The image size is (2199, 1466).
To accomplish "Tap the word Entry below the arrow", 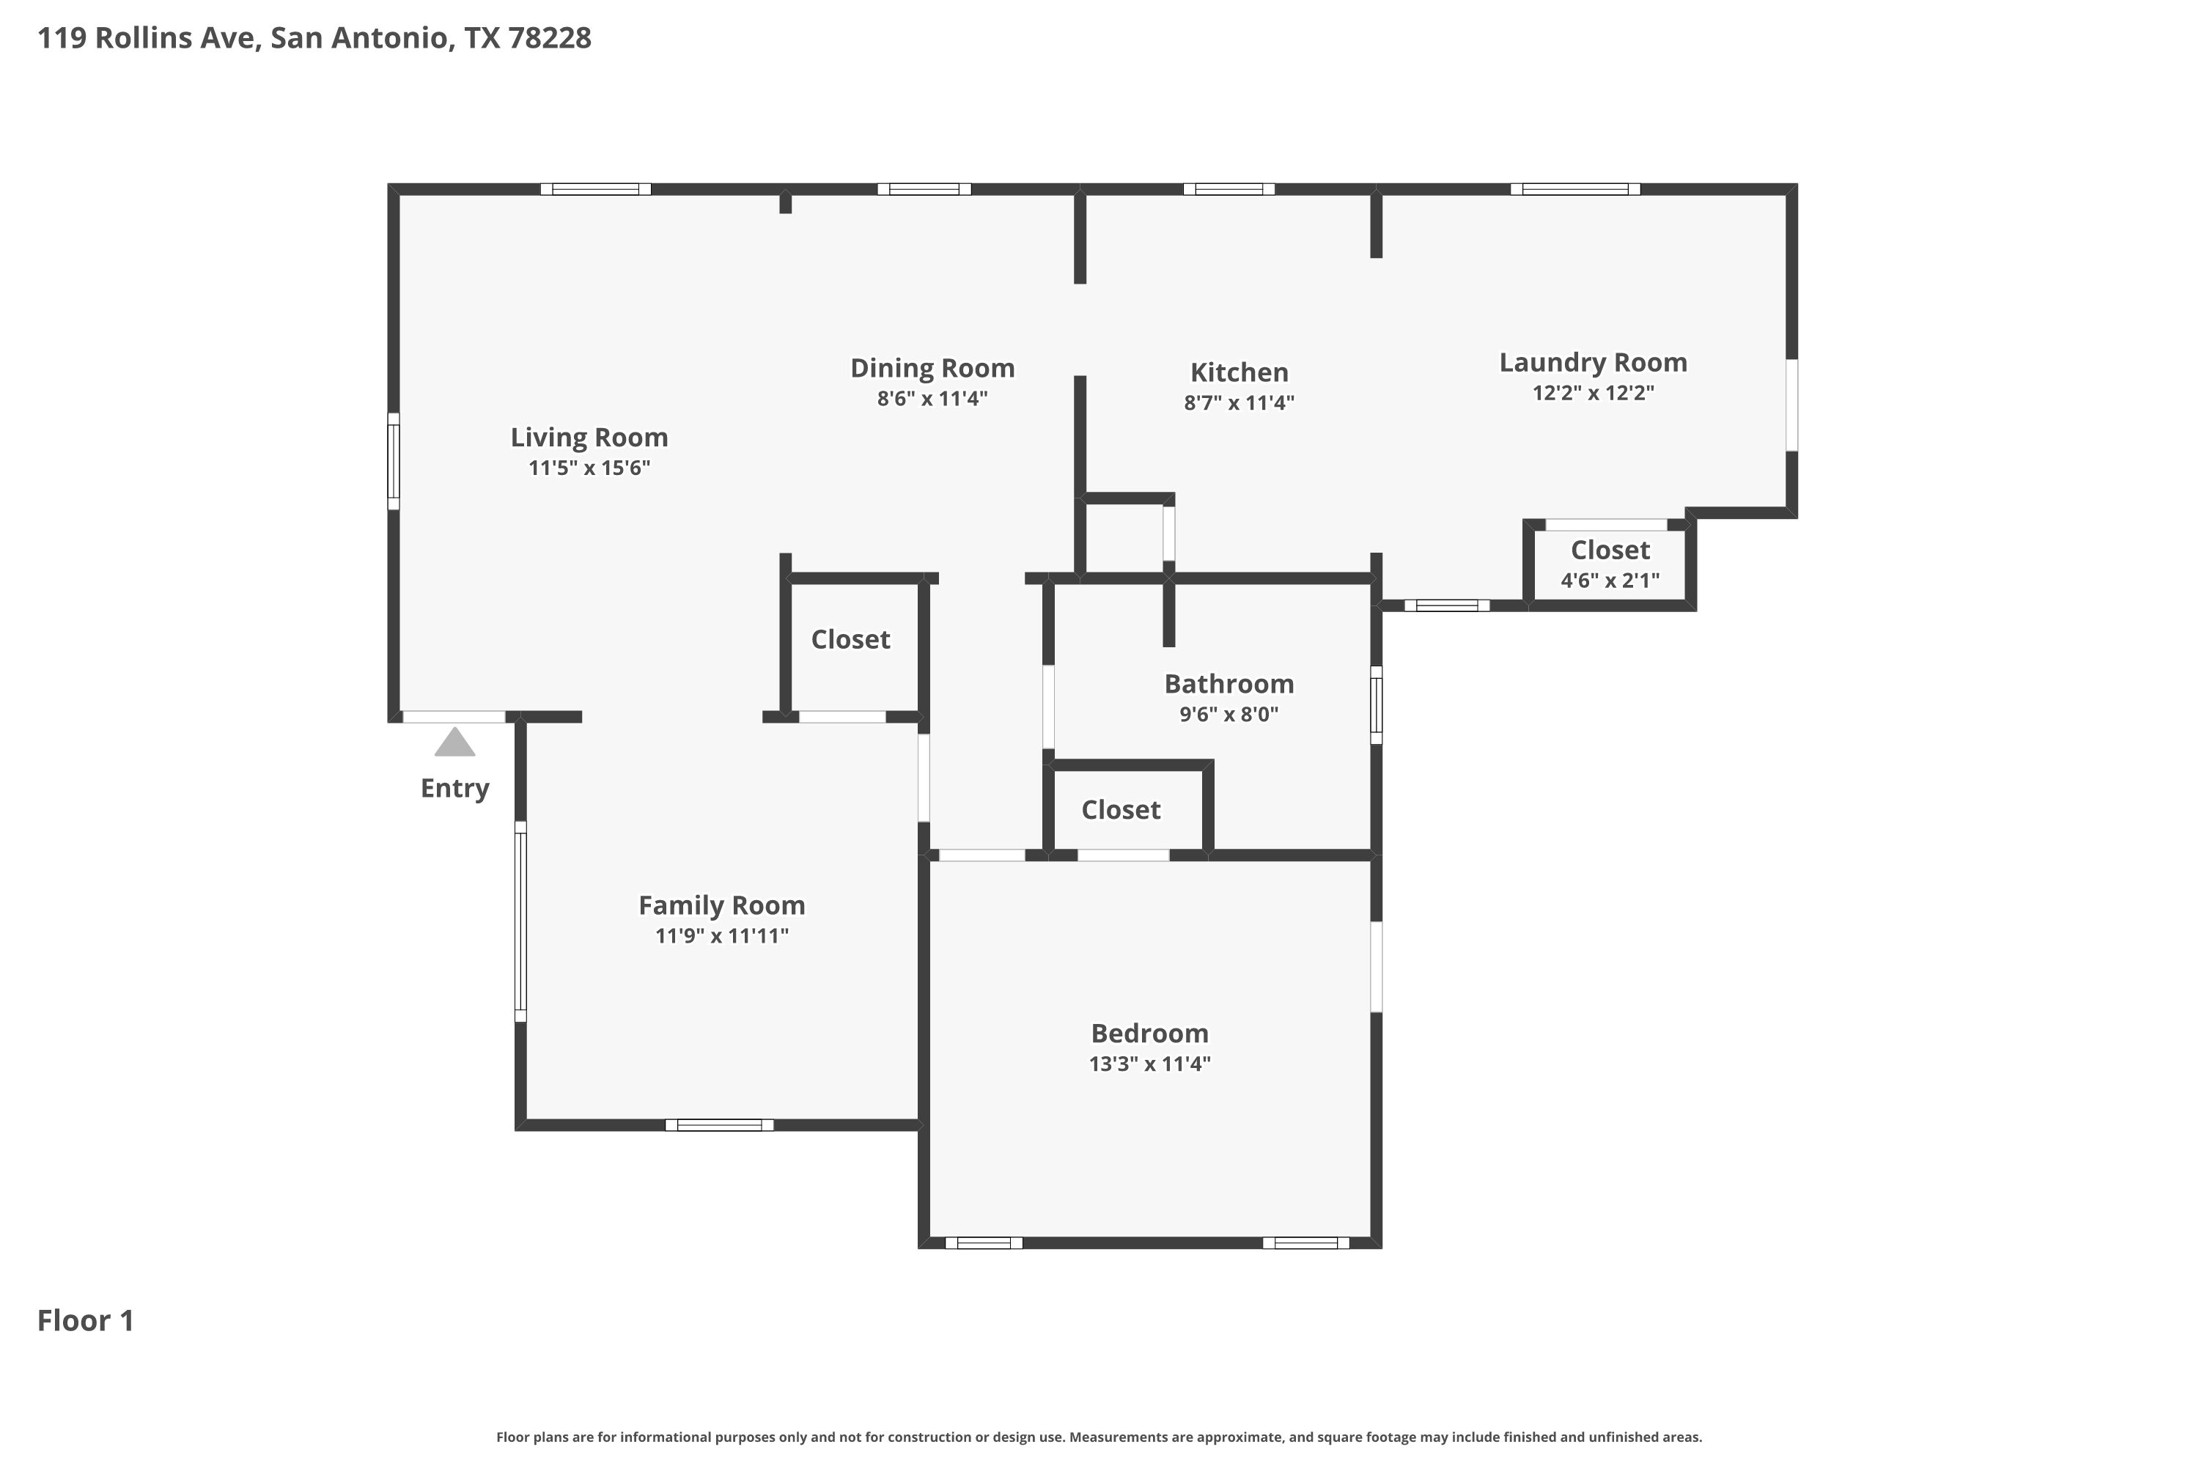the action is (454, 788).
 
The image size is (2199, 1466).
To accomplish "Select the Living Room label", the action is (589, 437).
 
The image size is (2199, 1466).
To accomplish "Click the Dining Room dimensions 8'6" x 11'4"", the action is (932, 398).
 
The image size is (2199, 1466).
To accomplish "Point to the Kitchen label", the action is (1239, 372).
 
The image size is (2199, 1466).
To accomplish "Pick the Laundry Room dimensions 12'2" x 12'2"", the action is (1593, 393).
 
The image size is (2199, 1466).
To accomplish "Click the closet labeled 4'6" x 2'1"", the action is (1610, 563).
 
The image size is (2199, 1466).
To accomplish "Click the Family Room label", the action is (722, 905).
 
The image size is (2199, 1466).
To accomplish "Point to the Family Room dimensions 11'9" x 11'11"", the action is (722, 936).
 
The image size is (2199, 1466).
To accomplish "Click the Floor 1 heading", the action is (86, 1320).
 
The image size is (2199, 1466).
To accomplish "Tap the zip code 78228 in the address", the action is (550, 38).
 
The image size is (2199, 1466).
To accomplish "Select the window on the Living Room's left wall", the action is (394, 461).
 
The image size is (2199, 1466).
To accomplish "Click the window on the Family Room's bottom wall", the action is (719, 1124).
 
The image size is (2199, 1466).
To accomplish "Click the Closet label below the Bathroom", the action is (1120, 810).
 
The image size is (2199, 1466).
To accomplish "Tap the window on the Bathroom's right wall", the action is (1377, 705).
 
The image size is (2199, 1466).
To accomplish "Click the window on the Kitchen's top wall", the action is (1229, 189).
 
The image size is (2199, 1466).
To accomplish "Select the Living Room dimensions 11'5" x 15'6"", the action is (589, 468).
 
